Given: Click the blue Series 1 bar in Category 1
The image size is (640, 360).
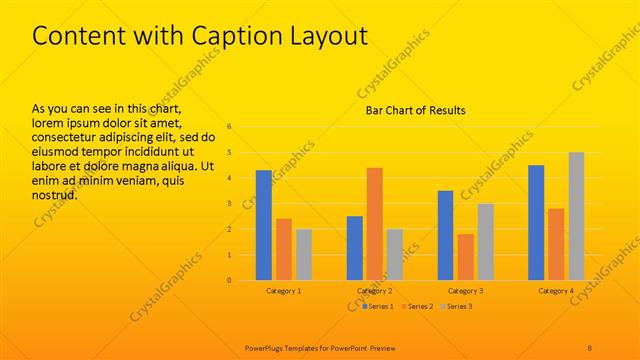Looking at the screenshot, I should pos(264,225).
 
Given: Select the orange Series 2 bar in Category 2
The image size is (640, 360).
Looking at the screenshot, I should pos(375,224).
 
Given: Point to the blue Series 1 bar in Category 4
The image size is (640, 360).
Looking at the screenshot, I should pos(536,222).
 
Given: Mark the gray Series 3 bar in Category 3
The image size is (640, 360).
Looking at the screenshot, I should pos(485,241).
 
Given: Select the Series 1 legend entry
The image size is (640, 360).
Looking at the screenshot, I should pos(377,306).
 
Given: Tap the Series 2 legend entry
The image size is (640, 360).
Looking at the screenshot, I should pos(417,306).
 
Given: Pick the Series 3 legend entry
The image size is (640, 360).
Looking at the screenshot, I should pos(457,306).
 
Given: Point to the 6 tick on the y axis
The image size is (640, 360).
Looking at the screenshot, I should pos(229,127).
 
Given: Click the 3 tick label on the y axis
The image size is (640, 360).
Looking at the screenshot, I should pos(229,204).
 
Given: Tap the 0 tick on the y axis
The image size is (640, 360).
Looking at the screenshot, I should pos(229,280).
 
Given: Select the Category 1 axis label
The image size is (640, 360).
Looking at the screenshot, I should pos(284,291).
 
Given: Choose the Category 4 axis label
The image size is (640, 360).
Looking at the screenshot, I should pos(556,291).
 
